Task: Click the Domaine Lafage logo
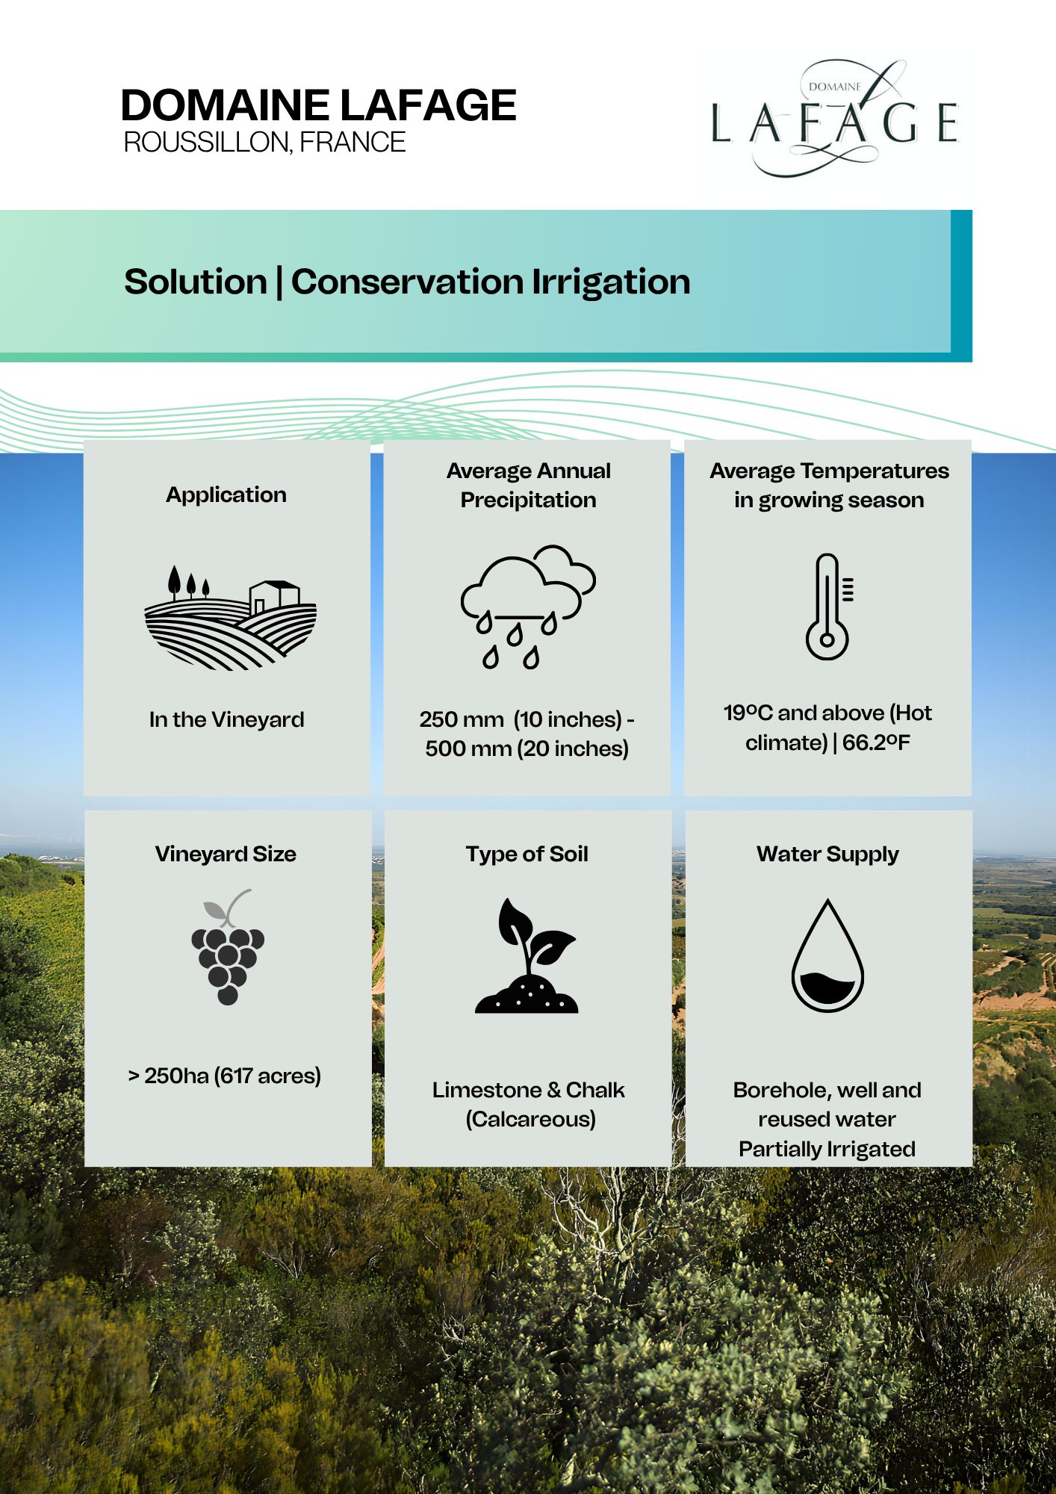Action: pyautogui.click(x=834, y=119)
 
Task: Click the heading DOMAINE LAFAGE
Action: pyautogui.click(x=318, y=105)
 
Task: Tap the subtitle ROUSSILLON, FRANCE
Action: pyautogui.click(x=264, y=142)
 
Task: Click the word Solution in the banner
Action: pyautogui.click(x=196, y=282)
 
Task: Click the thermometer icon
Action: pyautogui.click(x=829, y=607)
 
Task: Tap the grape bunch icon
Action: pyautogui.click(x=228, y=946)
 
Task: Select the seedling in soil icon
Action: pyautogui.click(x=527, y=955)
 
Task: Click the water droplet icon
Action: pyautogui.click(x=827, y=955)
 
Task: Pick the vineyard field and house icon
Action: pyautogui.click(x=230, y=617)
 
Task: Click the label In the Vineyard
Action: pyautogui.click(x=227, y=719)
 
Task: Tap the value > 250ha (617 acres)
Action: pyautogui.click(x=224, y=1076)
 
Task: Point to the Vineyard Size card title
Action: pyautogui.click(x=226, y=854)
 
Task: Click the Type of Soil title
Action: pyautogui.click(x=527, y=854)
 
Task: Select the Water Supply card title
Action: pyautogui.click(x=827, y=855)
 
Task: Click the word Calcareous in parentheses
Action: pyautogui.click(x=531, y=1119)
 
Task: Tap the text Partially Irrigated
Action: pyautogui.click(x=827, y=1149)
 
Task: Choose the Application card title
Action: pyautogui.click(x=226, y=495)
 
